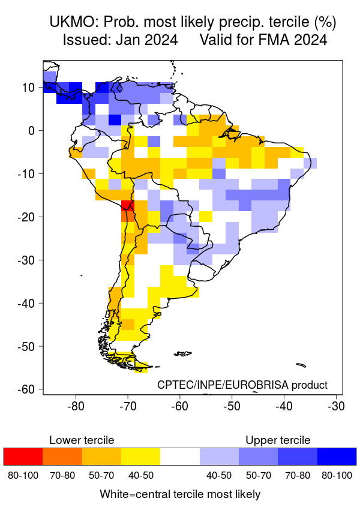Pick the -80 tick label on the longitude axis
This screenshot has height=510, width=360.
(x=76, y=406)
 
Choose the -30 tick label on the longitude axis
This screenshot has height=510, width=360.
(x=335, y=406)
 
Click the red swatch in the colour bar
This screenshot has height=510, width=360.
(x=23, y=457)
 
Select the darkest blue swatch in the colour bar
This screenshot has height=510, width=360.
(x=337, y=457)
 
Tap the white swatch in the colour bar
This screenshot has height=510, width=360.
(x=180, y=457)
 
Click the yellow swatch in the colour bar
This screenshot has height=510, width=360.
(x=141, y=457)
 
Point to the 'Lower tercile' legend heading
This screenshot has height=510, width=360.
(x=82, y=440)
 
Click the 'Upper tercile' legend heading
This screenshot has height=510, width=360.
(x=278, y=440)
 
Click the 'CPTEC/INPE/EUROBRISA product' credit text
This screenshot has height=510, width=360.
(x=242, y=385)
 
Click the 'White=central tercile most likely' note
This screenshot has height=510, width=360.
(x=180, y=494)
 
